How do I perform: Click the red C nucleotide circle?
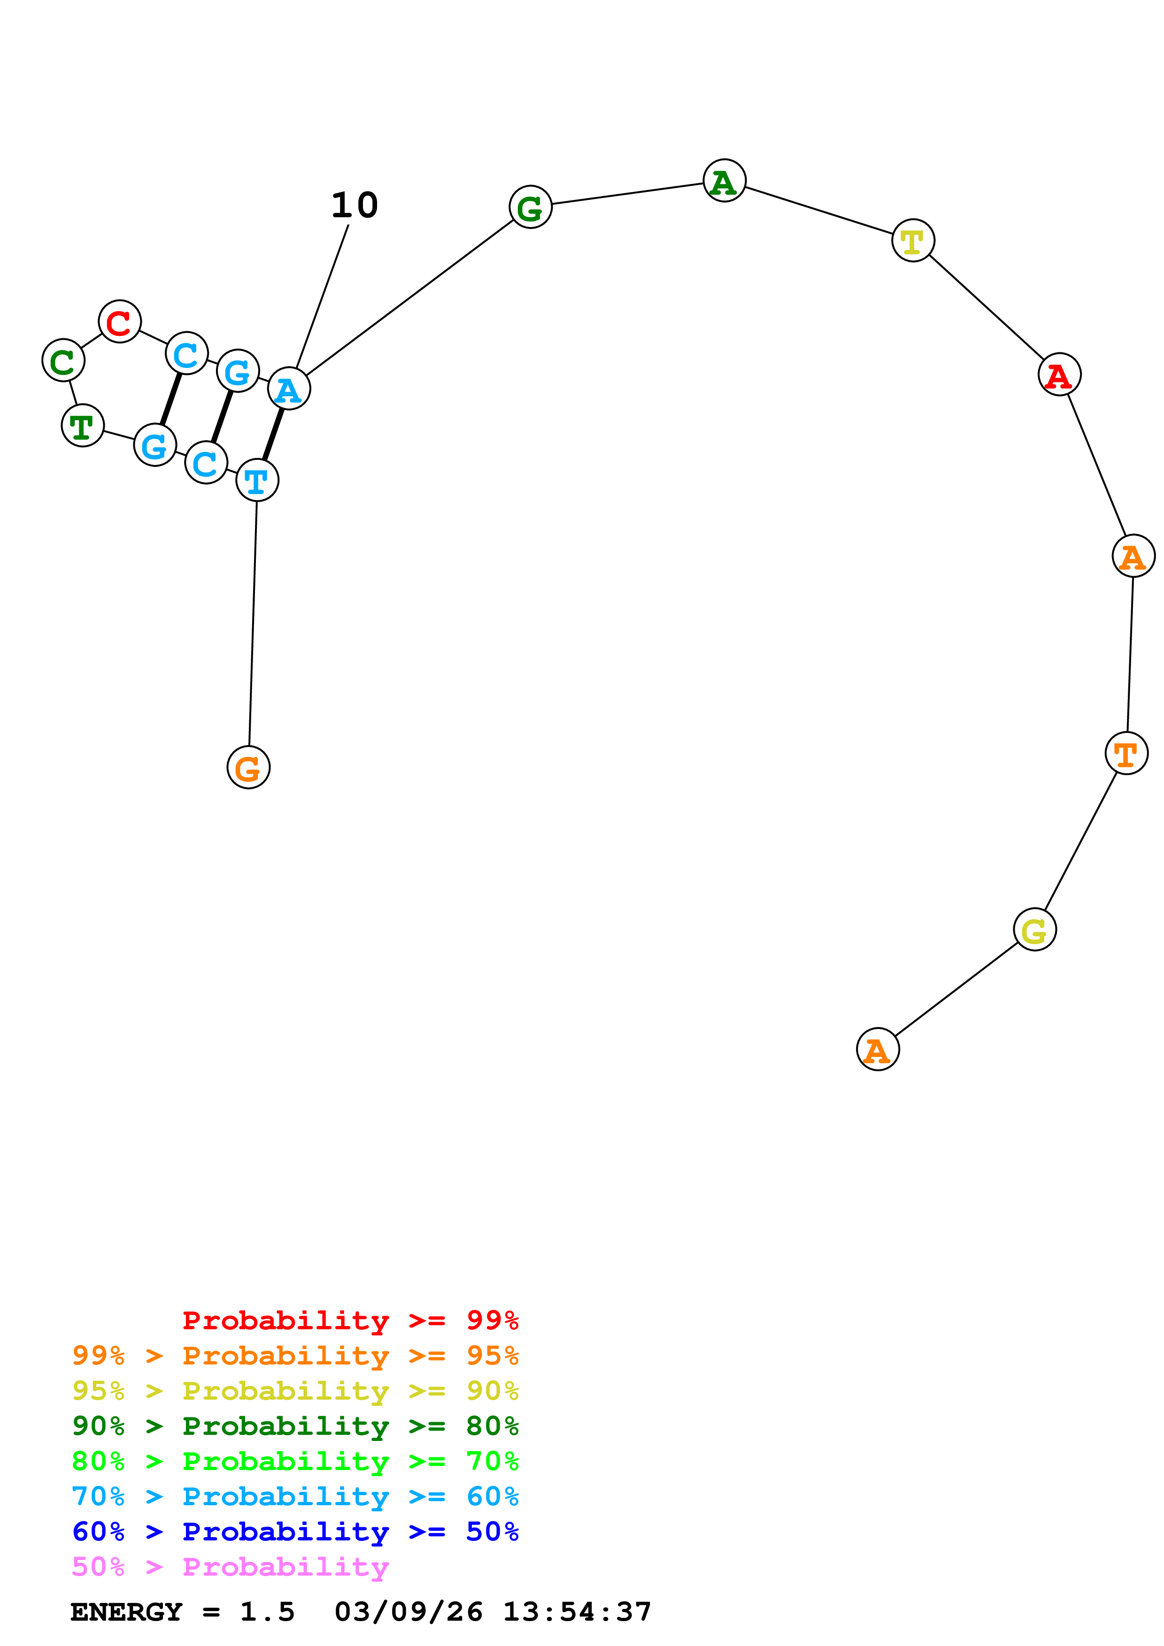point(120,322)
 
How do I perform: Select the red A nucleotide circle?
point(1059,375)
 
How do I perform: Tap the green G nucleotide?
point(530,208)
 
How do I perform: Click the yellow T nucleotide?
point(913,241)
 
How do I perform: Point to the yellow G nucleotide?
point(1034,930)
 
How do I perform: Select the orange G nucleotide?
point(248,768)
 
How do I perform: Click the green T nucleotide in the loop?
point(83,426)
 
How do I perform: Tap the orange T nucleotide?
point(1126,754)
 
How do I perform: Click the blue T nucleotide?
point(257,480)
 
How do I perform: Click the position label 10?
point(355,206)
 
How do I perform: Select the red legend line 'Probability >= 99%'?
point(350,1320)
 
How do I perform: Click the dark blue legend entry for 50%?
point(295,1532)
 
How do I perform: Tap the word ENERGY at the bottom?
point(126,1612)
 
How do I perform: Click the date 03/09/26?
point(408,1612)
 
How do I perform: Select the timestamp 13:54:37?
point(577,1612)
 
